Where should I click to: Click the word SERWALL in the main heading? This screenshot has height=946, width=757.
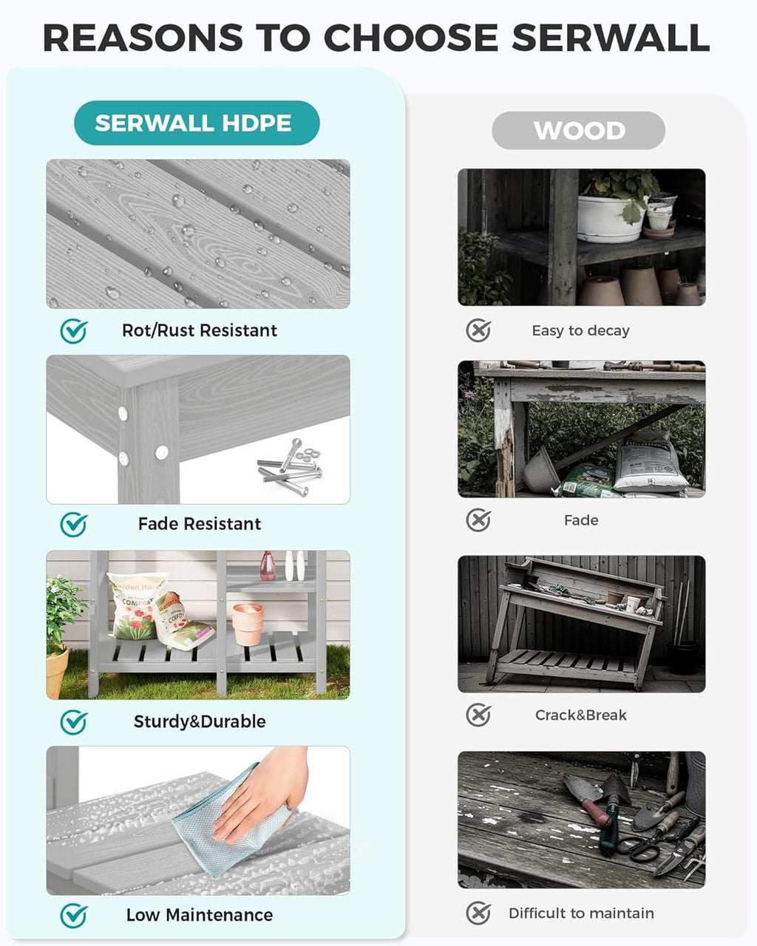click(x=611, y=38)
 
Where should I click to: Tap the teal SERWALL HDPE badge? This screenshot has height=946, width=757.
click(x=197, y=123)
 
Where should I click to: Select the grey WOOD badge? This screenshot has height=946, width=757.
click(x=578, y=131)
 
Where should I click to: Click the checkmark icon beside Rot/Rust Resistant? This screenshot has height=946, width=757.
click(x=74, y=331)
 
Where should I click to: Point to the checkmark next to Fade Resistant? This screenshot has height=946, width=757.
click(x=74, y=525)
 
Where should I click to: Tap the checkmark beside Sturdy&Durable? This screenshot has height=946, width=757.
click(x=74, y=722)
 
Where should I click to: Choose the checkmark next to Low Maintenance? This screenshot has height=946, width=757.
click(x=74, y=916)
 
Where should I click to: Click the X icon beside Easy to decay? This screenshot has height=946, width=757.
click(x=478, y=330)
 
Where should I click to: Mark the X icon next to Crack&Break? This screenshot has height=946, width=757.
click(x=478, y=715)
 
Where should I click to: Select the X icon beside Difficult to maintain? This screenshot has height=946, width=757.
click(x=478, y=913)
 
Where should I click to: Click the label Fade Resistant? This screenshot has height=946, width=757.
click(x=200, y=524)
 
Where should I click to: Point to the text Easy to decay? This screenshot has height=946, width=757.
click(x=580, y=330)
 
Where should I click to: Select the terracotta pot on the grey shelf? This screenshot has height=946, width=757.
click(x=248, y=625)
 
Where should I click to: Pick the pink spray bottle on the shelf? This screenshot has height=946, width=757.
click(x=268, y=566)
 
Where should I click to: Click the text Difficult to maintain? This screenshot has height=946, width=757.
click(x=581, y=913)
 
